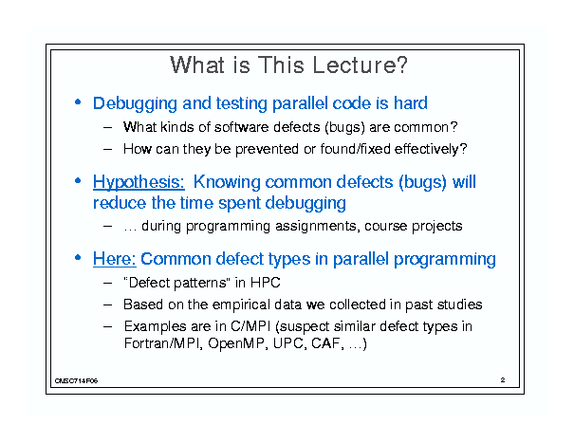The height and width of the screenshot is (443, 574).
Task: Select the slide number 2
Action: coord(503,379)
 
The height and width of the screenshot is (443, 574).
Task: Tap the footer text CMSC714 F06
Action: coord(76,380)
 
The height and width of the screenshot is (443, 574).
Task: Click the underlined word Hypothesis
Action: coord(139,182)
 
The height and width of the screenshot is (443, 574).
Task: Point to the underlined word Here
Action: coord(115,259)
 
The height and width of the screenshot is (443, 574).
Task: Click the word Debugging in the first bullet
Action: coord(135,104)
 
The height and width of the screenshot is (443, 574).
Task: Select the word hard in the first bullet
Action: coord(411,103)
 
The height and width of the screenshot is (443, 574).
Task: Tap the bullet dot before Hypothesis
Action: coord(78,180)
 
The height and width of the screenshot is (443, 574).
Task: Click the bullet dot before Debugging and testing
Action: coord(78,102)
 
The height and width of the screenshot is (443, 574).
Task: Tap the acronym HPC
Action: coord(266,283)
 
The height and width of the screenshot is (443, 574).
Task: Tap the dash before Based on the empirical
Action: coord(107,305)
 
